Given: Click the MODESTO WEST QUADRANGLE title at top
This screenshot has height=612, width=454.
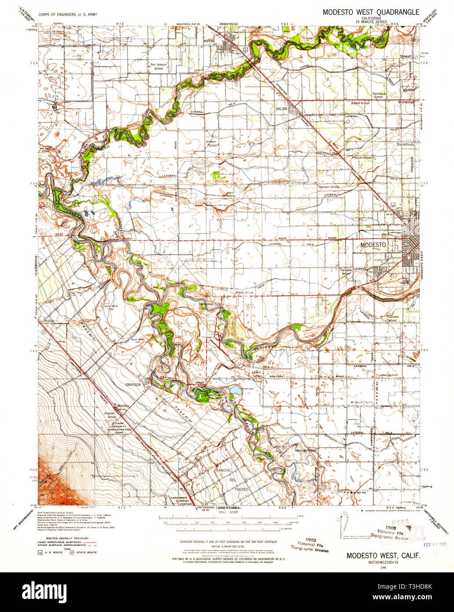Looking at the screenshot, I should click(x=371, y=12).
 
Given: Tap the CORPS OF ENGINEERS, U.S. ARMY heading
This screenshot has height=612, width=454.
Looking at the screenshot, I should click(x=68, y=14).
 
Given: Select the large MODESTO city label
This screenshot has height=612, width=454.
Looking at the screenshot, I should click(x=373, y=244).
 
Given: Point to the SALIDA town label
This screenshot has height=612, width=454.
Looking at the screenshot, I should click(x=281, y=108).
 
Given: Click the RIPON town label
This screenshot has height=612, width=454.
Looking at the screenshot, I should click(x=209, y=41).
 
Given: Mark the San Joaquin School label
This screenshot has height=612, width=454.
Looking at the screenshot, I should click(x=157, y=66).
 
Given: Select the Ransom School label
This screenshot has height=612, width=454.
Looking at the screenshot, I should click(x=329, y=187).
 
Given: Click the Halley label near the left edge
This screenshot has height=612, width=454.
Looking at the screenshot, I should click(x=48, y=321).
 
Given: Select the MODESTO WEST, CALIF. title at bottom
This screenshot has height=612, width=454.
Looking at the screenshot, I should click(x=383, y=556).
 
